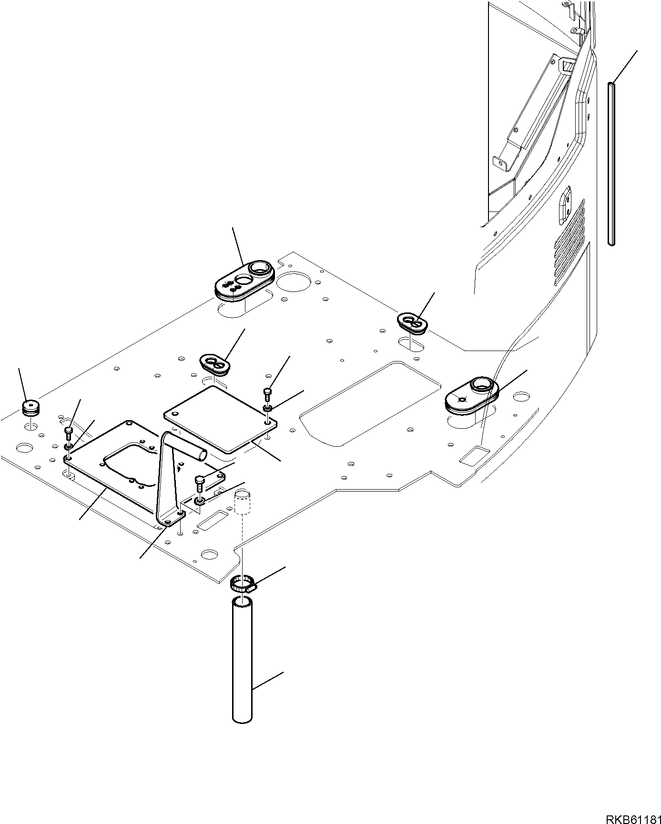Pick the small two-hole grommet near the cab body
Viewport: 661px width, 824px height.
pos(412,324)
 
